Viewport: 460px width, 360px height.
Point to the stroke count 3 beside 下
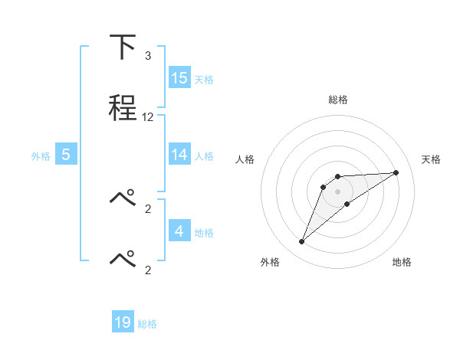[x=147, y=56]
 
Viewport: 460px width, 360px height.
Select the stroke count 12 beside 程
[x=148, y=117]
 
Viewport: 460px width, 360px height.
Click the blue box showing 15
[x=179, y=78]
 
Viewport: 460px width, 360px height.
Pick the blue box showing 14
[x=179, y=155]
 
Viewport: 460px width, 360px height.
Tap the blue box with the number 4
[x=179, y=231]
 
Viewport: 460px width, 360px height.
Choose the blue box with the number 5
[x=66, y=155]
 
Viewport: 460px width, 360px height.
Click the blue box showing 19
[x=123, y=322]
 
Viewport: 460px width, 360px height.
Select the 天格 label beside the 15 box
[x=204, y=79]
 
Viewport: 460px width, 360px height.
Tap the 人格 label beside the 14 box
[x=204, y=155]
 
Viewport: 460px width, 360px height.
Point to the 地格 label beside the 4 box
[x=204, y=232]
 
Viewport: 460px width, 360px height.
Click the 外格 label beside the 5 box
[x=41, y=155]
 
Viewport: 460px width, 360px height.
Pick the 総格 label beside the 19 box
[x=147, y=323]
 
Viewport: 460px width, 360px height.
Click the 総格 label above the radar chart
[x=338, y=100]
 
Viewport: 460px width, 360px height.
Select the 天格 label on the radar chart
[x=432, y=159]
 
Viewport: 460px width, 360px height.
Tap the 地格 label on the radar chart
[x=402, y=263]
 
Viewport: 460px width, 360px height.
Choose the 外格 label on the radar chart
[x=270, y=263]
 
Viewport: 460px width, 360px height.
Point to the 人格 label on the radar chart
[x=245, y=159]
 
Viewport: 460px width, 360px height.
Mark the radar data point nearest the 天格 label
[x=396, y=172]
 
